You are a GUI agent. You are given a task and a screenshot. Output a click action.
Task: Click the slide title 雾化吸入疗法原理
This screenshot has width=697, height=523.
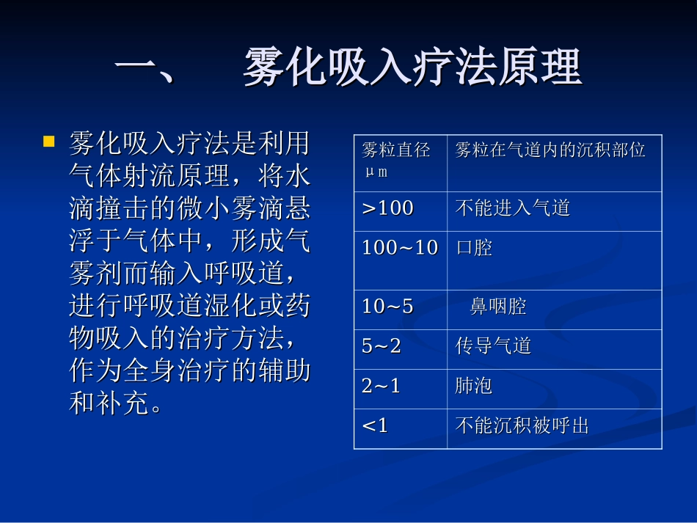click(x=412, y=67)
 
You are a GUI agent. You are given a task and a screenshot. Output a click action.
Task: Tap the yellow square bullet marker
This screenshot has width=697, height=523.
click(x=49, y=141)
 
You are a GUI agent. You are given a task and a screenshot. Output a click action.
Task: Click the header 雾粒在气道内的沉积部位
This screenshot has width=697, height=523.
click(x=550, y=151)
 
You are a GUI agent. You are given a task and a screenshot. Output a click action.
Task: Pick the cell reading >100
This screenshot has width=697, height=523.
click(x=388, y=208)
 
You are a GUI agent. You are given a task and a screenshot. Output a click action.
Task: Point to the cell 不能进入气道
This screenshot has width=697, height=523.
click(x=513, y=208)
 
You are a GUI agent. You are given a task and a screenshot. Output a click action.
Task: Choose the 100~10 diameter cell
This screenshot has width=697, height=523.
click(x=400, y=248)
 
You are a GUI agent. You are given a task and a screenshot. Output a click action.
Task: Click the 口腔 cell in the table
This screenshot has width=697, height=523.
click(x=474, y=248)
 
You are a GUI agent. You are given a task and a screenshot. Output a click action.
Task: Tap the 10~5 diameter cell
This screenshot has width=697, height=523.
click(x=387, y=307)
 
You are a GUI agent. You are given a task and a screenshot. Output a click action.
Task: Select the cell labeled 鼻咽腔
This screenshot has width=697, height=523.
click(x=498, y=307)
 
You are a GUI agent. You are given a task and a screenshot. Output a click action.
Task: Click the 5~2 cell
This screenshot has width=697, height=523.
click(x=382, y=346)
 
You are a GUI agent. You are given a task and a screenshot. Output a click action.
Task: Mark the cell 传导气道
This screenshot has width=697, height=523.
click(x=493, y=346)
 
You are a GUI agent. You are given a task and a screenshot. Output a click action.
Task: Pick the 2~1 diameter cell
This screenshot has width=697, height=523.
click(x=382, y=386)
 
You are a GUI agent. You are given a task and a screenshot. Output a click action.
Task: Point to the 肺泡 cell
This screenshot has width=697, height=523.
click(x=474, y=386)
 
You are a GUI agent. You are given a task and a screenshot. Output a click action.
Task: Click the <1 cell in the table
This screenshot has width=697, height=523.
click(x=375, y=425)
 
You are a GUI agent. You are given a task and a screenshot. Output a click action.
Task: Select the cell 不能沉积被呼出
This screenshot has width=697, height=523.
click(x=522, y=425)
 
